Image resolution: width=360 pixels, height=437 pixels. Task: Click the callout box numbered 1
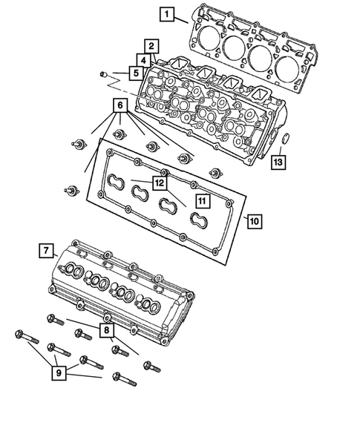click(168, 13)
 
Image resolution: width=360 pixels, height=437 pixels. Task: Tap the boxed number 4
click(141, 59)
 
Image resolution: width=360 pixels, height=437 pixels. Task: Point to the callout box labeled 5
click(134, 73)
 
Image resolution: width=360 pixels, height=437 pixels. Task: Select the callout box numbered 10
click(253, 220)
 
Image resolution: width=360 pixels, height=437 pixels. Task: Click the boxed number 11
click(201, 200)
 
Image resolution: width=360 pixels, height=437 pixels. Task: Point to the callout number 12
click(159, 181)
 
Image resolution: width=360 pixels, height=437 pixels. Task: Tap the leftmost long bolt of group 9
click(27, 339)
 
